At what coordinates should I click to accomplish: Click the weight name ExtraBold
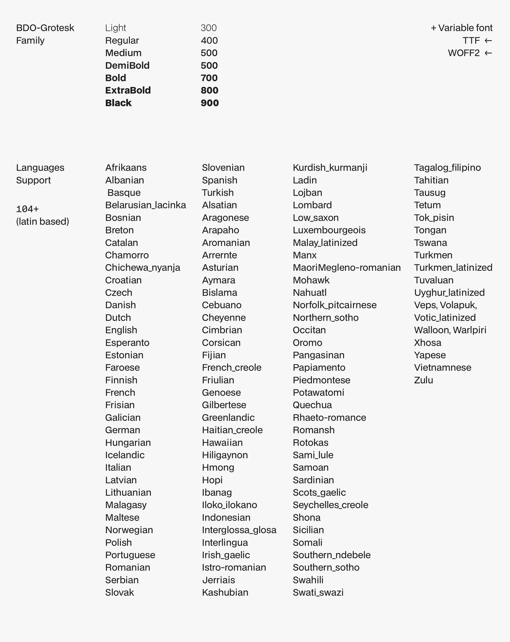128,90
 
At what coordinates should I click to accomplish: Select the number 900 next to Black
210,103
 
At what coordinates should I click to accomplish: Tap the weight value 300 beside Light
209,28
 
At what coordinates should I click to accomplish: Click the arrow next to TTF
488,40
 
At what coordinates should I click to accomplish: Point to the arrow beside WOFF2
488,53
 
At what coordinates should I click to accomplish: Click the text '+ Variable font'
461,28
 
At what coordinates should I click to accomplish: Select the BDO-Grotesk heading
45,28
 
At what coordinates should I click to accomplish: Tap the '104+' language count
28,209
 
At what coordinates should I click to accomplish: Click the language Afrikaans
126,168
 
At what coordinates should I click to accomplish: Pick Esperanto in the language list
127,343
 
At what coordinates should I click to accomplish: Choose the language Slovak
120,592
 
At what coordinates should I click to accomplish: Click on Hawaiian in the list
222,443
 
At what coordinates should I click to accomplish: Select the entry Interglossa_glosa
239,530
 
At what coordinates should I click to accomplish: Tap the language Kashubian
225,592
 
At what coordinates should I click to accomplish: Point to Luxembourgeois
329,230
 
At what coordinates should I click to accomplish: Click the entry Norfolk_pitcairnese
334,305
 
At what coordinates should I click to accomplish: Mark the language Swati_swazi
318,592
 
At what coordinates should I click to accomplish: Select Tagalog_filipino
447,168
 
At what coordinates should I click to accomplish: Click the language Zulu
423,380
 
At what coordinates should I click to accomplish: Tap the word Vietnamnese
443,367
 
